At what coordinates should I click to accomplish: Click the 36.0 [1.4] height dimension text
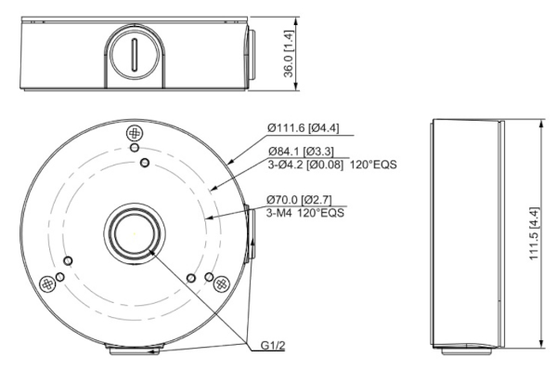point(289,54)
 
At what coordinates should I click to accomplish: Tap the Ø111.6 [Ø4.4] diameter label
point(304,128)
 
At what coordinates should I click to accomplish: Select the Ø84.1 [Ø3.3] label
point(301,152)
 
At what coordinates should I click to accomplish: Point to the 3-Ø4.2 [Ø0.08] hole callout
point(305,165)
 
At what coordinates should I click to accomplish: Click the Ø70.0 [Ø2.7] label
point(299,200)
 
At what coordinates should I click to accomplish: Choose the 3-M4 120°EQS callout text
point(305,213)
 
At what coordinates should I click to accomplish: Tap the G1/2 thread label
point(273,346)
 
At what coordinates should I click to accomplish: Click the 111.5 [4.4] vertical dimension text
point(535,233)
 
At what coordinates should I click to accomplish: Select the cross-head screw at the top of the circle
point(135,134)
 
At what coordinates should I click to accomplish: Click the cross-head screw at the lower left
point(46,284)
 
